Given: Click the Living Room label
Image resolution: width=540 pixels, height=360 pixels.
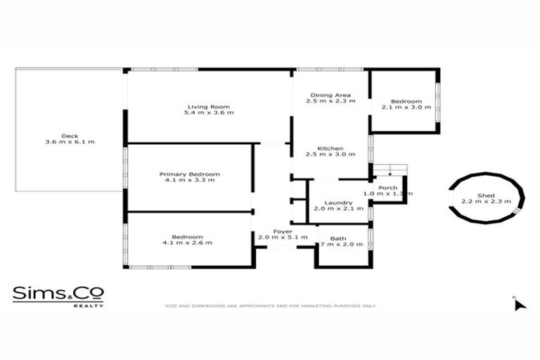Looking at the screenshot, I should (x=209, y=106).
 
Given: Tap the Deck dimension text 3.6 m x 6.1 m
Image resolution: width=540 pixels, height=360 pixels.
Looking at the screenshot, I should (x=69, y=142).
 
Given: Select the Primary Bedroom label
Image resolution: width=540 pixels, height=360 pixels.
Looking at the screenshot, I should (x=189, y=174).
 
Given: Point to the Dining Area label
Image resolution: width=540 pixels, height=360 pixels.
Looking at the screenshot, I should (x=330, y=94).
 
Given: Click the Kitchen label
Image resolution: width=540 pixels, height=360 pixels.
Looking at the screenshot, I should (x=330, y=148).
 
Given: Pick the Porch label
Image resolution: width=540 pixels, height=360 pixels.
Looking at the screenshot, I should (x=387, y=188).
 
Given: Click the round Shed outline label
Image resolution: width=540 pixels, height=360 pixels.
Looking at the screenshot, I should (x=487, y=195).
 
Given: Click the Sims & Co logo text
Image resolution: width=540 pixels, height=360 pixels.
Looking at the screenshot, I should (x=58, y=293).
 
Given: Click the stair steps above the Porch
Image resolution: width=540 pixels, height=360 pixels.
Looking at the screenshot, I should (x=389, y=169).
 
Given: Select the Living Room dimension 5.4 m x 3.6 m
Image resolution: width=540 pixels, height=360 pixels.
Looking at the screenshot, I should (x=209, y=112).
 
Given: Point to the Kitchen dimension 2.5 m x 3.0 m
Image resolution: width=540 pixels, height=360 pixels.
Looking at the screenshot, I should (x=330, y=155).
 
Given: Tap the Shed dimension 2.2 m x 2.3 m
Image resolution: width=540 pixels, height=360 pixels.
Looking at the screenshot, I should (x=487, y=202).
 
